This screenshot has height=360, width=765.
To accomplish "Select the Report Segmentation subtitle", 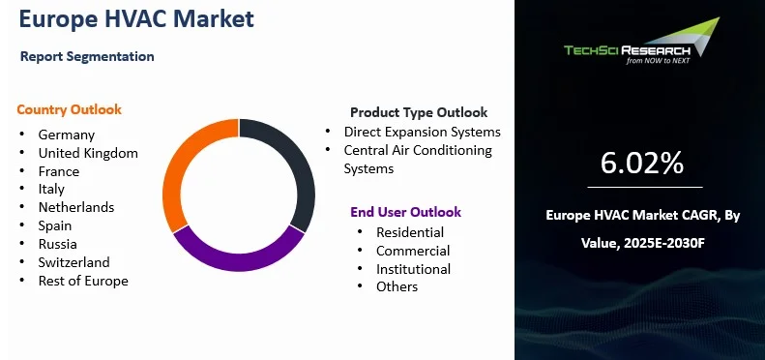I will [x=87, y=56].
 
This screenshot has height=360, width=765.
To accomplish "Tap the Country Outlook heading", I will [x=69, y=109].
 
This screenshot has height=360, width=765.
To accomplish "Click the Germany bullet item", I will [x=67, y=135].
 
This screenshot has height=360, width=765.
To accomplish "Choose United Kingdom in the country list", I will [x=88, y=153].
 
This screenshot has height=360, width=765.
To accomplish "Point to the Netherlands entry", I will [x=76, y=207].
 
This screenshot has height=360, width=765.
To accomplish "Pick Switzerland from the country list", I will [x=74, y=262].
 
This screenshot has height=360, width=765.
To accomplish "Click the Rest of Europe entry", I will [x=83, y=281].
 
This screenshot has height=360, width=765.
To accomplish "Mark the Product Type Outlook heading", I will [x=419, y=112].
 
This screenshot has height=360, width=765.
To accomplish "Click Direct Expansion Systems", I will [x=423, y=132].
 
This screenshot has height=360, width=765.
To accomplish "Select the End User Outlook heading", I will [x=405, y=212].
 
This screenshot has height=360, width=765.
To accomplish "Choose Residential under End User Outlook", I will [x=410, y=232].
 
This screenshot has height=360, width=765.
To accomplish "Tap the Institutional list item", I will [x=413, y=269].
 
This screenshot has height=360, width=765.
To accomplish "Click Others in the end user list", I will [x=397, y=286].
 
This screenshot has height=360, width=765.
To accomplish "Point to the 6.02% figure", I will [x=642, y=164].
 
